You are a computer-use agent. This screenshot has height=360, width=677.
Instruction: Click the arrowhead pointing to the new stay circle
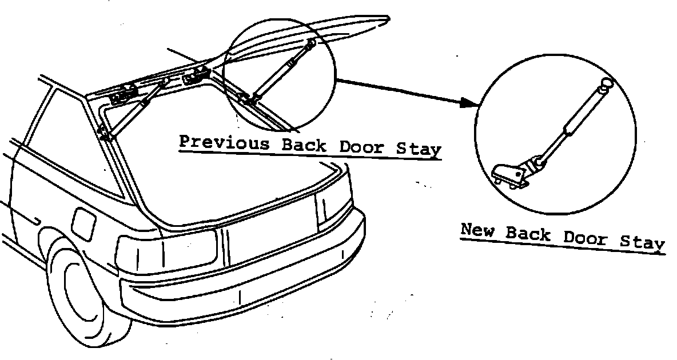(469, 103)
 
